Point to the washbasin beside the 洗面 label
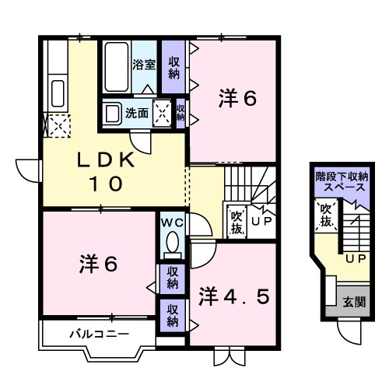click(x=114, y=113)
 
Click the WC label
click(x=171, y=223)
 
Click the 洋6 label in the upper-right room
click(x=237, y=99)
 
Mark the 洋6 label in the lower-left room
click(x=98, y=265)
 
